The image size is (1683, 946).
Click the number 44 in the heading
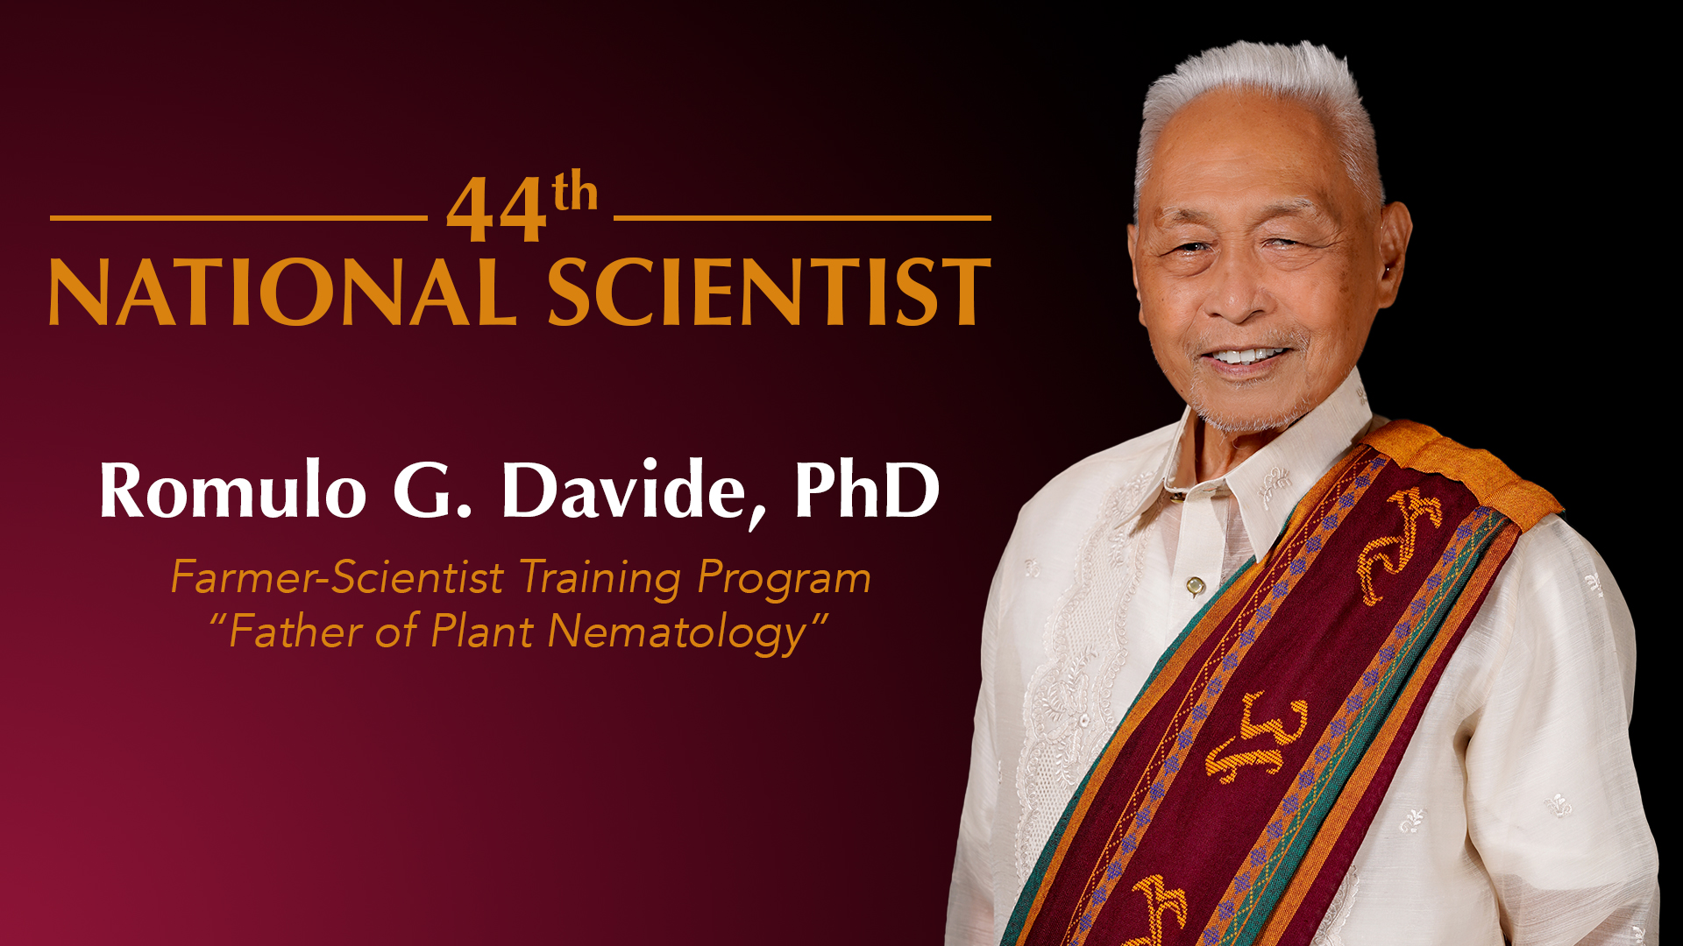tap(497, 210)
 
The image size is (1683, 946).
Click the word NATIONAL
tap(282, 292)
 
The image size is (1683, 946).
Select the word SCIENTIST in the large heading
tap(769, 292)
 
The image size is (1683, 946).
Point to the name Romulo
tap(232, 490)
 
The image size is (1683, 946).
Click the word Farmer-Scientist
tap(337, 577)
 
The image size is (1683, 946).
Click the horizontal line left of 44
tap(238, 217)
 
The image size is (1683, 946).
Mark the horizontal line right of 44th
tap(802, 217)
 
